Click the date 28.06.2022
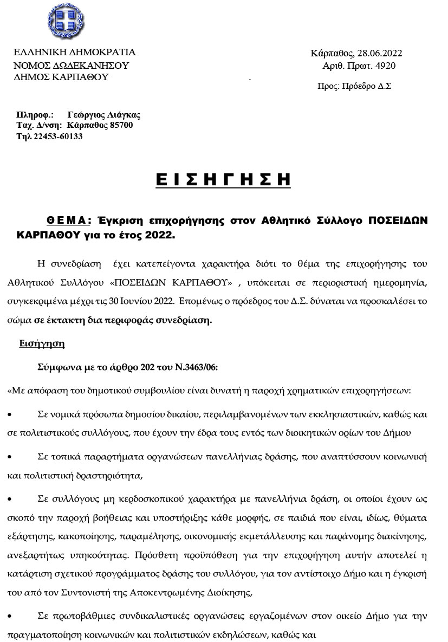(x=380, y=54)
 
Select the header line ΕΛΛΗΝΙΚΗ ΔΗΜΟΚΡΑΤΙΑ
(x=74, y=53)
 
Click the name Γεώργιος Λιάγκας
(x=104, y=115)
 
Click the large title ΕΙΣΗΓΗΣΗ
(x=223, y=180)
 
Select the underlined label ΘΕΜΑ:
(x=68, y=219)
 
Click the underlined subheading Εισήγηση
(x=42, y=343)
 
